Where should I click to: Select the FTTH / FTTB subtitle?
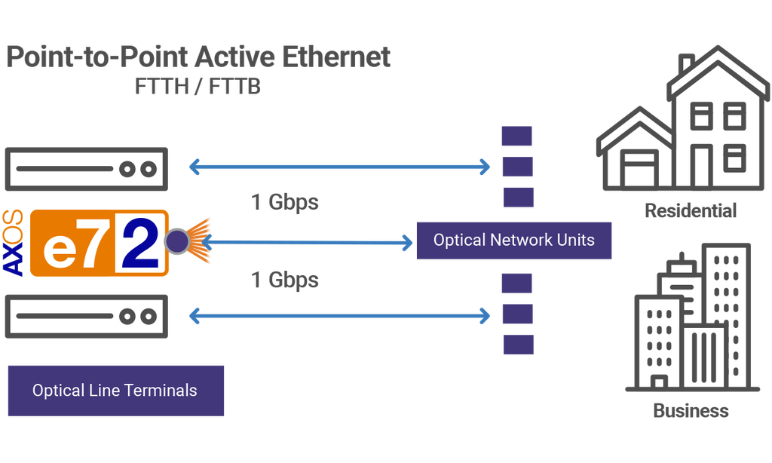(x=198, y=87)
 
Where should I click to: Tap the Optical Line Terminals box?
(x=115, y=391)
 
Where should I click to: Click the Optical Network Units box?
(x=513, y=241)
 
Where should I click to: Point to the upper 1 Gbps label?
(x=284, y=202)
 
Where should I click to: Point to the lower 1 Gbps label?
(x=284, y=280)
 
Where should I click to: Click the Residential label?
(x=690, y=210)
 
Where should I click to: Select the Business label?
(x=691, y=411)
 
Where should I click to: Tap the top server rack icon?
(x=87, y=169)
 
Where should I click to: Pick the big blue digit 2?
(x=137, y=243)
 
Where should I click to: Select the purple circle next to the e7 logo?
(x=177, y=241)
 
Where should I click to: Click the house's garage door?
(x=636, y=170)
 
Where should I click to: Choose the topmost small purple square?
(x=517, y=136)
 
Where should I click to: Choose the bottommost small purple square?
(x=518, y=344)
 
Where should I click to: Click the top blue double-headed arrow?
(x=339, y=167)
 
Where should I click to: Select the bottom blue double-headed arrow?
(x=339, y=315)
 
